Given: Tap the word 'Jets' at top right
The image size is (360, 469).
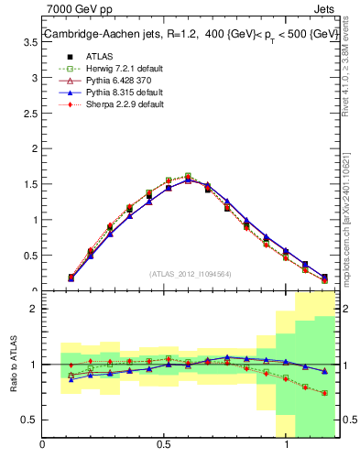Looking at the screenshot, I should pyautogui.click(x=324, y=8).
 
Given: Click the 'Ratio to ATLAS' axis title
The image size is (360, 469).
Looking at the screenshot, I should pyautogui.click(x=13, y=364).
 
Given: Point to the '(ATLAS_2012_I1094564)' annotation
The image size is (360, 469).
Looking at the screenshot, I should pyautogui.click(x=191, y=273).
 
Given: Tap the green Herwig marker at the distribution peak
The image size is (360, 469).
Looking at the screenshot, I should pyautogui.click(x=188, y=176).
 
